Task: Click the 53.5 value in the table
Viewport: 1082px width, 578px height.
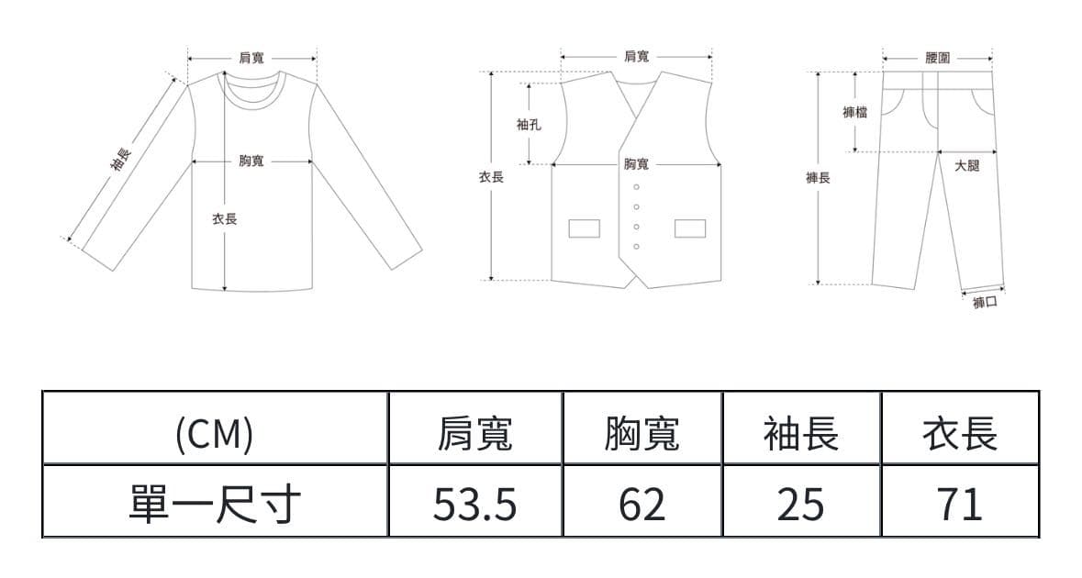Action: pos(474,504)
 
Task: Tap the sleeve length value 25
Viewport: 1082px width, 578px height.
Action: pos(800,504)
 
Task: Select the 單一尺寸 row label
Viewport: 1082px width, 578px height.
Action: pos(215,504)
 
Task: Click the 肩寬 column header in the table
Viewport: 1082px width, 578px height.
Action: pos(474,434)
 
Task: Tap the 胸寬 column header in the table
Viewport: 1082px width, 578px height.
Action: pos(641,434)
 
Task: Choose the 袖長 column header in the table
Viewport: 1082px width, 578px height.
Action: pos(800,434)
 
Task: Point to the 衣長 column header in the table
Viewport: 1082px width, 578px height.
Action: pos(960,434)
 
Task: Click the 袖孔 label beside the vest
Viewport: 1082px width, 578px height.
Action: pos(530,125)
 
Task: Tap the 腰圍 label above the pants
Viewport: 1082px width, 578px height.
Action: pos(938,58)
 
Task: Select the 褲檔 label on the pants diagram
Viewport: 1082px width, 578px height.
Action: pos(855,112)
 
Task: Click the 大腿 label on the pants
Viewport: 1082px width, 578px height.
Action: pos(967,165)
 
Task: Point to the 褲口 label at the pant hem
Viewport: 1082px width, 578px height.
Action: pos(985,302)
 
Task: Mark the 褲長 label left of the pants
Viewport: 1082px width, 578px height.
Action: pos(818,178)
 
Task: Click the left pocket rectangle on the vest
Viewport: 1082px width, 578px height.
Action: pos(584,228)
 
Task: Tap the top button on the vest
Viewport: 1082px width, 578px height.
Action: pos(636,187)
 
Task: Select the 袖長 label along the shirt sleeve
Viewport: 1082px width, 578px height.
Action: pos(120,161)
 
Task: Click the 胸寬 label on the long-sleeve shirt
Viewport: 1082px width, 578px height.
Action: pos(251,161)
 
